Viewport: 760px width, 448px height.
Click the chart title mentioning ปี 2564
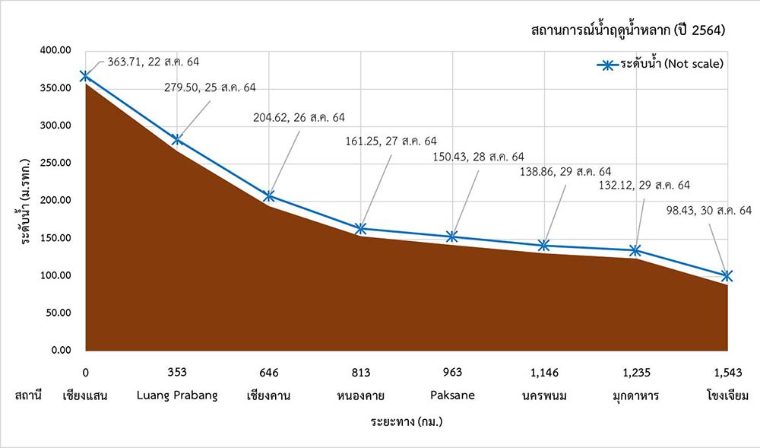[629, 31]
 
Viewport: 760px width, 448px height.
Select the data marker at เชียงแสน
[85, 76]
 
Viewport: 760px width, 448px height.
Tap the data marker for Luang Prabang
[177, 139]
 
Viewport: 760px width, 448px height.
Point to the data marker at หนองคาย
[361, 228]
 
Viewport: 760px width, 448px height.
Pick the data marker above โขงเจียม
[727, 275]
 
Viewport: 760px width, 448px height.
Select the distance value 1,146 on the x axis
[545, 373]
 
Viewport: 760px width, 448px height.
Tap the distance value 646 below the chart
[269, 373]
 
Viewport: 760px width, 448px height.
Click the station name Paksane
[453, 396]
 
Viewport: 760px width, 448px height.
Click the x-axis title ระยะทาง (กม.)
[407, 420]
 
